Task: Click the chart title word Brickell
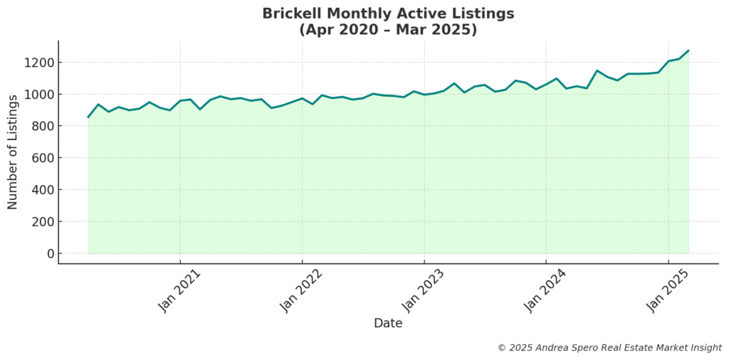click(x=290, y=14)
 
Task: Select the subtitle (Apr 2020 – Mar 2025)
click(x=388, y=30)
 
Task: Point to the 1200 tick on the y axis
click(x=39, y=63)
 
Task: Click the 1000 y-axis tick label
click(x=39, y=95)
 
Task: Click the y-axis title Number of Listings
click(x=13, y=157)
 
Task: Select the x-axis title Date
click(x=388, y=323)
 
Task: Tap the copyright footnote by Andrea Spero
click(x=609, y=348)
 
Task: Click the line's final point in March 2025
click(x=688, y=51)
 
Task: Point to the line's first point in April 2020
click(x=88, y=117)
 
